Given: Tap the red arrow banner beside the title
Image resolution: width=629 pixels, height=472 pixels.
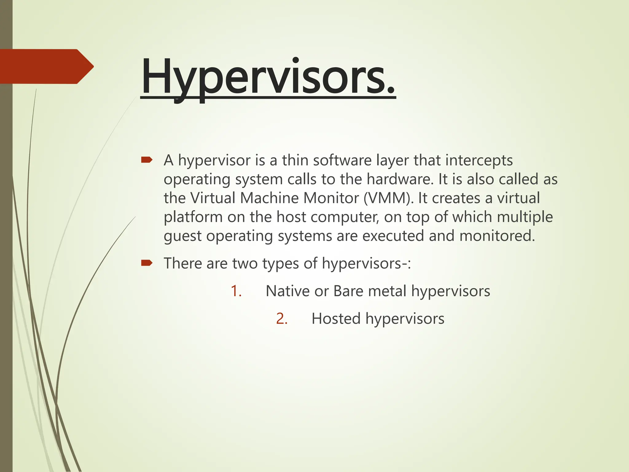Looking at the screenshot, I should [46, 66].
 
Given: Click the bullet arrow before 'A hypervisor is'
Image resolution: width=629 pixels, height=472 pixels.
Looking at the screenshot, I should [147, 160].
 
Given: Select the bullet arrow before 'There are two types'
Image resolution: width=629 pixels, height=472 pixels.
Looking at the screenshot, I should [147, 263].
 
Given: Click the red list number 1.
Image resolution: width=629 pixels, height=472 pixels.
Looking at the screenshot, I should [236, 291].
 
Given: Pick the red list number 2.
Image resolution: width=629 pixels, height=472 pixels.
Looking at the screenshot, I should [281, 319].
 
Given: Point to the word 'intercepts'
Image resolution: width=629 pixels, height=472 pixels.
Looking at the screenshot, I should [479, 160].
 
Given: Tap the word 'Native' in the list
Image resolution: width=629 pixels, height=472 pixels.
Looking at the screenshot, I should [287, 291].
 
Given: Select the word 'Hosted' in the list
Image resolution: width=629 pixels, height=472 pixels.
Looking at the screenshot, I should [336, 319].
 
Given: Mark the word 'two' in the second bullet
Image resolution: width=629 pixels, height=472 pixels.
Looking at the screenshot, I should [245, 263].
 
